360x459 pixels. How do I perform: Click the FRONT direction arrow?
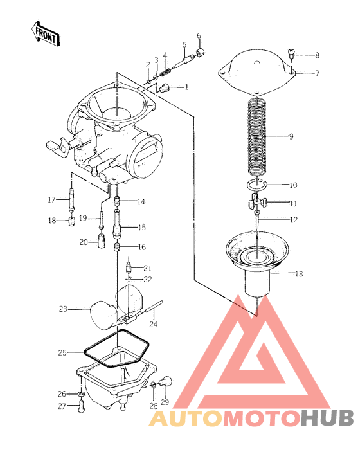coord(46,33)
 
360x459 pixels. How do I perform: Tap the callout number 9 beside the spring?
coord(291,136)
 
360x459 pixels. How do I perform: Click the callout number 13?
coord(299,274)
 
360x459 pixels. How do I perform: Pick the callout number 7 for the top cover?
coord(318,73)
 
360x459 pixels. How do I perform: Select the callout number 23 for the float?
coord(63,309)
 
